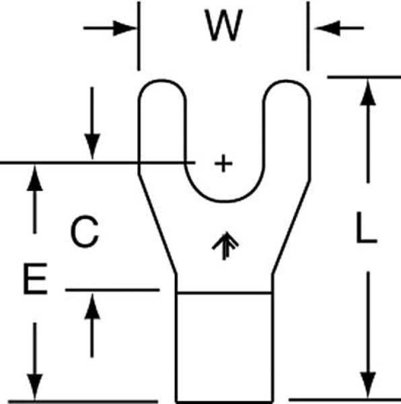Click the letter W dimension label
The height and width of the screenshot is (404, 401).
[x=223, y=26]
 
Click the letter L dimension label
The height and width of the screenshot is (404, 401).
[x=366, y=228]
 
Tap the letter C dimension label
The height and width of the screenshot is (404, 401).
[x=85, y=232]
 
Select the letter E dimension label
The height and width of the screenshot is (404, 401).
[x=35, y=279]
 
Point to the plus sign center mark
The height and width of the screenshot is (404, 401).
[x=223, y=163]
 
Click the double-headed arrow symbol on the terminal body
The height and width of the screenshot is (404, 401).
[x=225, y=246]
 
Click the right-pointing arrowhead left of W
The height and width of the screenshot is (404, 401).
[x=124, y=28]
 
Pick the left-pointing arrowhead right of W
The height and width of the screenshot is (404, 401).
[x=327, y=28]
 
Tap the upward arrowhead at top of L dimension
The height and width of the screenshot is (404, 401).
[x=368, y=92]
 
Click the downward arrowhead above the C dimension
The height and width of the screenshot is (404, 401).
[x=92, y=147]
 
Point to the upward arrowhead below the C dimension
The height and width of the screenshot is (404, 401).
[x=92, y=306]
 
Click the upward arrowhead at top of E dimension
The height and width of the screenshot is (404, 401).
[x=35, y=178]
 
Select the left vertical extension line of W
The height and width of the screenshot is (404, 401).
[x=139, y=36]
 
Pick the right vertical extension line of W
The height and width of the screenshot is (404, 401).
[x=308, y=36]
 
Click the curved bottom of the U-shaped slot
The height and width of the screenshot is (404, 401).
[x=224, y=201]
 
